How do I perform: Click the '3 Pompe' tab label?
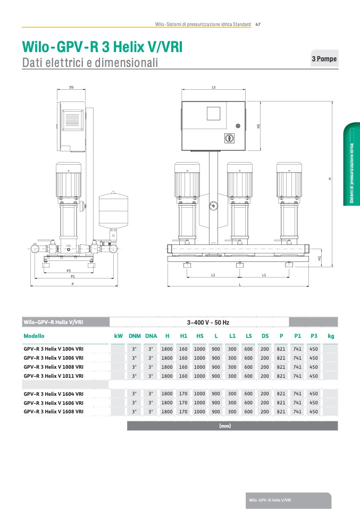[324, 59]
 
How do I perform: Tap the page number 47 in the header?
[258, 24]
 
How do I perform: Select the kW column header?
[119, 336]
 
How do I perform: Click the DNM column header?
[135, 336]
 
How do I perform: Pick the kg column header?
[331, 336]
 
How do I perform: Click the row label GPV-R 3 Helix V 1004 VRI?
[53, 349]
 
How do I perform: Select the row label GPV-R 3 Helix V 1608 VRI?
[53, 411]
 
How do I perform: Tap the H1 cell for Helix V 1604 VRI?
[183, 393]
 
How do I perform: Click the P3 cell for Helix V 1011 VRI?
[314, 376]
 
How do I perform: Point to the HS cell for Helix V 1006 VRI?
[199, 358]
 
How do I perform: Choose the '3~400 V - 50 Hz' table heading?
[208, 323]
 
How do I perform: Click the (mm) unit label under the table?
[225, 426]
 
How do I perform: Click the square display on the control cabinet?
[213, 113]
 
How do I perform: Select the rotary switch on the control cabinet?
[229, 138]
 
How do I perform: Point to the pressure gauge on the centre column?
[213, 206]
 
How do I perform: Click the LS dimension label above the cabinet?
[213, 87]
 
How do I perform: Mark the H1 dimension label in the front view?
[320, 258]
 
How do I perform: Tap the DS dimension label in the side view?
[71, 87]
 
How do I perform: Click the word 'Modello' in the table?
[34, 336]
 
